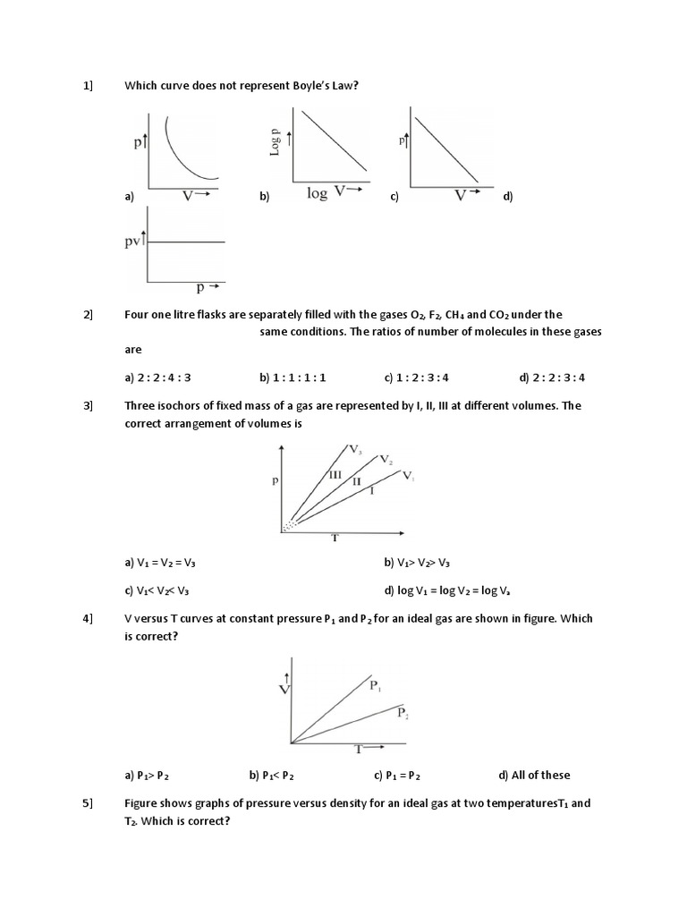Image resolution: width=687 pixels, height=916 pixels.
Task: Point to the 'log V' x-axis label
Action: [328, 192]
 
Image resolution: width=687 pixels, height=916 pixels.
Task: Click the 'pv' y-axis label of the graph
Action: [134, 242]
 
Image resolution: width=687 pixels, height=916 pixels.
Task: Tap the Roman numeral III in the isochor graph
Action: [335, 474]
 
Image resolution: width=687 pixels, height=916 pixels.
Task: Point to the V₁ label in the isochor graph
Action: [407, 476]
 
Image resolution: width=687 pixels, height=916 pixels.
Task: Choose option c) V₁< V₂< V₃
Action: [157, 590]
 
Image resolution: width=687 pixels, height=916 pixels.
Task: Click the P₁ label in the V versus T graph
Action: [375, 686]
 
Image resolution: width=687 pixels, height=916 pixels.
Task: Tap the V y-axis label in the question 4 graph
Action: [284, 689]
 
